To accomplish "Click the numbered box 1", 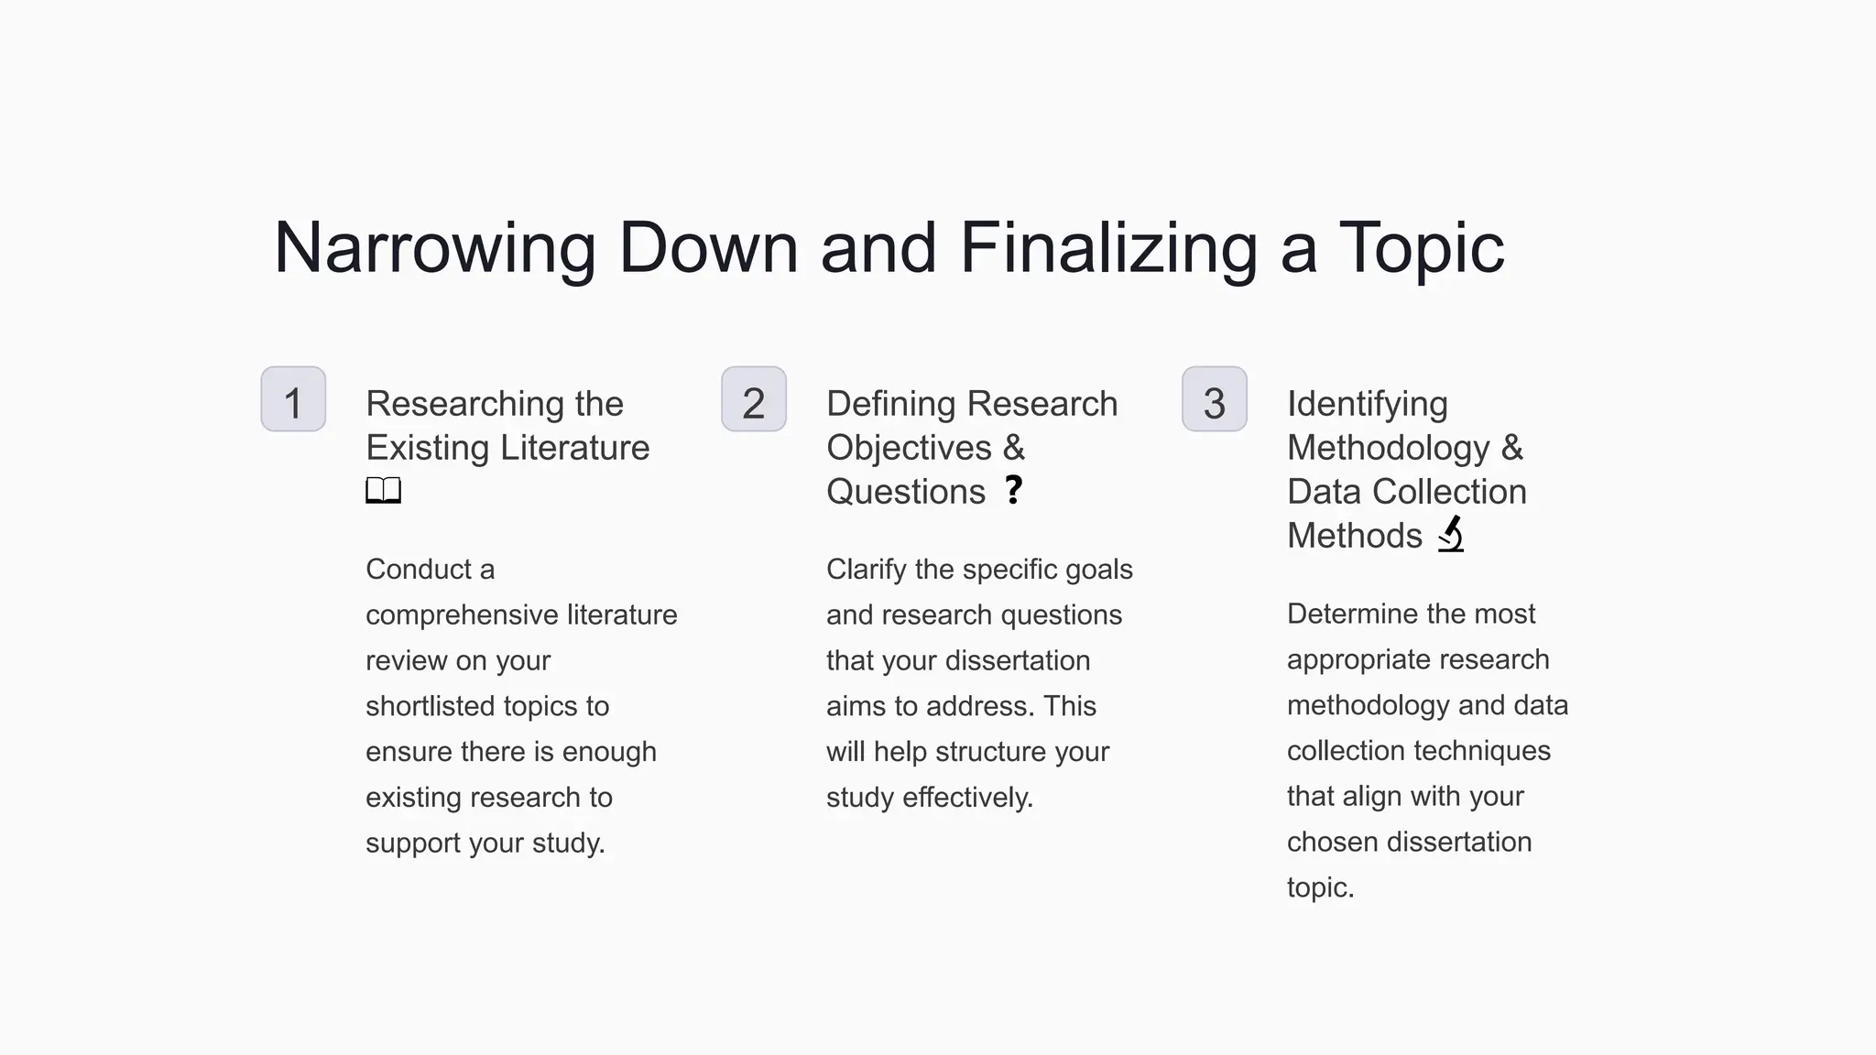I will [293, 399].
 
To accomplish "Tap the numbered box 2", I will [754, 399].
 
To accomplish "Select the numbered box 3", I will [1215, 399].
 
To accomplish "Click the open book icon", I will [383, 491].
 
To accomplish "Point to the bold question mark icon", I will [1013, 490].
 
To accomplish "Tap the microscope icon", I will [1451, 534].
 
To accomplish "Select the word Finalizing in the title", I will [1107, 248].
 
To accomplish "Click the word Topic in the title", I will [1421, 248].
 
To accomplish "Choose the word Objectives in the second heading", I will [909, 448].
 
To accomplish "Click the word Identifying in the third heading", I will [1367, 404].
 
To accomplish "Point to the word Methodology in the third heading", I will [1388, 448].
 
